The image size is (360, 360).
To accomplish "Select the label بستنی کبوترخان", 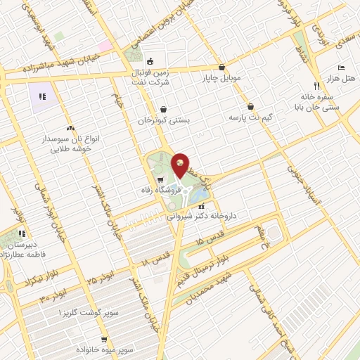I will click(164, 121).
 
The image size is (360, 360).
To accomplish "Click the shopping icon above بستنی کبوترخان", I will click(164, 110).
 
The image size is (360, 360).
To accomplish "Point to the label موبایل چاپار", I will click(223, 79).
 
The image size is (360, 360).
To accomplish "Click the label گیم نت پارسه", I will click(250, 117).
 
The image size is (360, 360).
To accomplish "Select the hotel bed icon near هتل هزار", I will click(341, 67).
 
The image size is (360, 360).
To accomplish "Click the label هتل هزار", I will click(342, 77).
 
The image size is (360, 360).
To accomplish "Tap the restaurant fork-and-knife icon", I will click(316, 84).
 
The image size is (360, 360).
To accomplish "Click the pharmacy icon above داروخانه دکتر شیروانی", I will click(202, 207).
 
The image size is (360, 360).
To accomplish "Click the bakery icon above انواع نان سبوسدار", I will click(70, 128).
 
